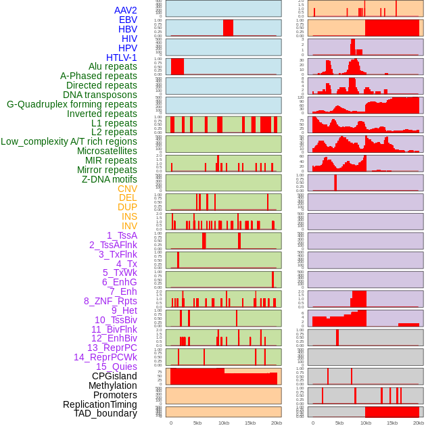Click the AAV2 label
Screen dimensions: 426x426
(125, 10)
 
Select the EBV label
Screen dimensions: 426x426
(128, 20)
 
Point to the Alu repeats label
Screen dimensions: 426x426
(112, 66)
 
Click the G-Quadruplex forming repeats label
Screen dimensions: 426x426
(72, 104)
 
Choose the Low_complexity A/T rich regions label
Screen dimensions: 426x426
(69, 141)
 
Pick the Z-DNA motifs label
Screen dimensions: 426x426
(109, 179)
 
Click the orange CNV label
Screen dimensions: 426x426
(127, 189)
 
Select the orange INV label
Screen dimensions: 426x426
(129, 226)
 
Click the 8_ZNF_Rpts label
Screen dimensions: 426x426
(110, 301)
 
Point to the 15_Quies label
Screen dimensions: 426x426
(116, 366)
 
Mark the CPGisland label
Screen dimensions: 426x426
(114, 376)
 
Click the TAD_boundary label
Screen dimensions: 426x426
(105, 413)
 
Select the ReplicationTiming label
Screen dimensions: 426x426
(99, 404)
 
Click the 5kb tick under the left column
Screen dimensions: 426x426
(197, 423)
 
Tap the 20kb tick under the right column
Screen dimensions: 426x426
(419, 423)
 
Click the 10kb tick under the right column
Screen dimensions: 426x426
(366, 423)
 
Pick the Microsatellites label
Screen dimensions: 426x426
(107, 151)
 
